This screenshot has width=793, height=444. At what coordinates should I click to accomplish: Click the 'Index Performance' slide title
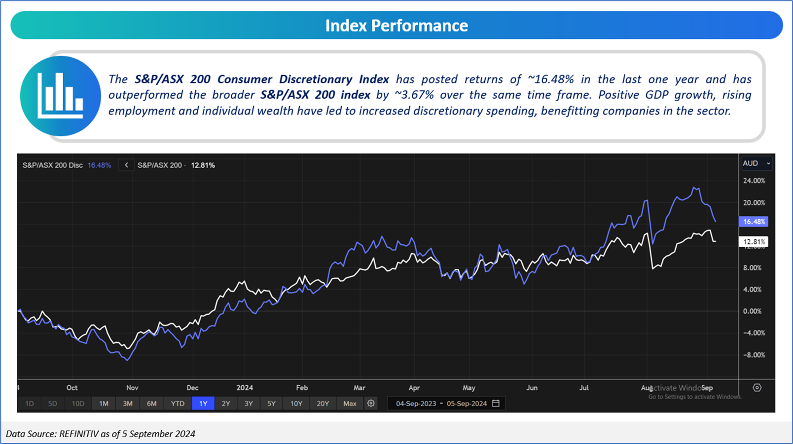coord(396,26)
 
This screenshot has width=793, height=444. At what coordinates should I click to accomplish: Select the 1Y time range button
coord(203,404)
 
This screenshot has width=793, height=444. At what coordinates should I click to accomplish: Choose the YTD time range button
coord(178,404)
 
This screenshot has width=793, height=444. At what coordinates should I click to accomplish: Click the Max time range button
coord(350,404)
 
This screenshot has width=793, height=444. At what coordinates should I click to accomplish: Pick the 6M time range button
coord(151,404)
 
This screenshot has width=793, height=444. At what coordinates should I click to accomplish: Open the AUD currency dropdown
coord(756,163)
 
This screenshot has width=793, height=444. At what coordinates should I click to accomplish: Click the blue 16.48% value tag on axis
coord(754,222)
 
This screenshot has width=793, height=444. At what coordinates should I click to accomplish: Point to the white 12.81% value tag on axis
coord(754,242)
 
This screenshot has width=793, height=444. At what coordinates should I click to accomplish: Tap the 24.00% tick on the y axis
coord(754,181)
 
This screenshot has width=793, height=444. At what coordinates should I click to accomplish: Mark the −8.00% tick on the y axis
coord(754,355)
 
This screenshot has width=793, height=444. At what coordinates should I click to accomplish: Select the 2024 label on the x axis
coord(245,388)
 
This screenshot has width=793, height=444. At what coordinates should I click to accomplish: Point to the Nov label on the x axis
coord(132,388)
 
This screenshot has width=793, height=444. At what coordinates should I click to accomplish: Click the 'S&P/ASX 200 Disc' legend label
coord(52,165)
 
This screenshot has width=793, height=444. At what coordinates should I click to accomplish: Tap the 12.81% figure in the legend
coord(203,165)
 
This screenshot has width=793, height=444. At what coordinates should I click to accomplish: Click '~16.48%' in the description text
coord(551,79)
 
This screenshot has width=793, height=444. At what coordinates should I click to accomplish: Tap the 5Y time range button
coord(271,404)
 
